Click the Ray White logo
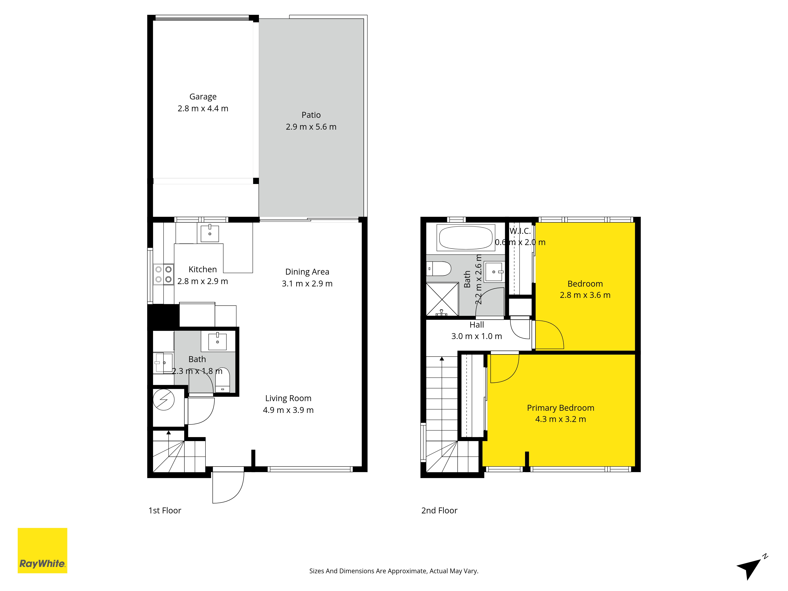(42, 550)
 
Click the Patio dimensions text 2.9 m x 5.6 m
(311, 127)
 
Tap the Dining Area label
(307, 272)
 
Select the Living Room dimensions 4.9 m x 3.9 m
(288, 410)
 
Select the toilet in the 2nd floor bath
(439, 269)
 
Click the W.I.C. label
(520, 231)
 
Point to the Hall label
(477, 325)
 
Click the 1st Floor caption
(165, 510)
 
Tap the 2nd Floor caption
(439, 510)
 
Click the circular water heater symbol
(164, 400)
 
